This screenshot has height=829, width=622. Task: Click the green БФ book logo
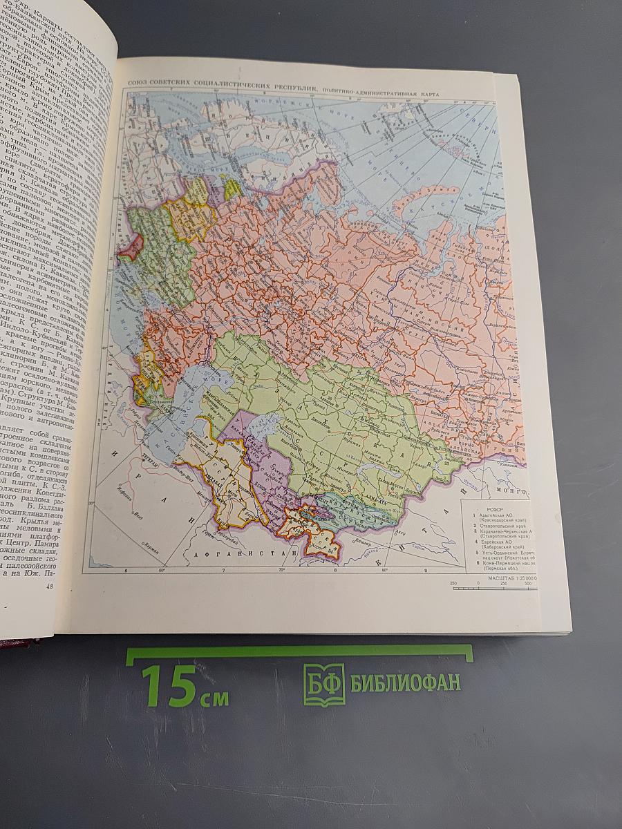323,685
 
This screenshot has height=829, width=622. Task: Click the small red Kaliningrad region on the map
131,247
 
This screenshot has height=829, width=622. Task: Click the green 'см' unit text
214,697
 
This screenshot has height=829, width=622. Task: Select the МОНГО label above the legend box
515,485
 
